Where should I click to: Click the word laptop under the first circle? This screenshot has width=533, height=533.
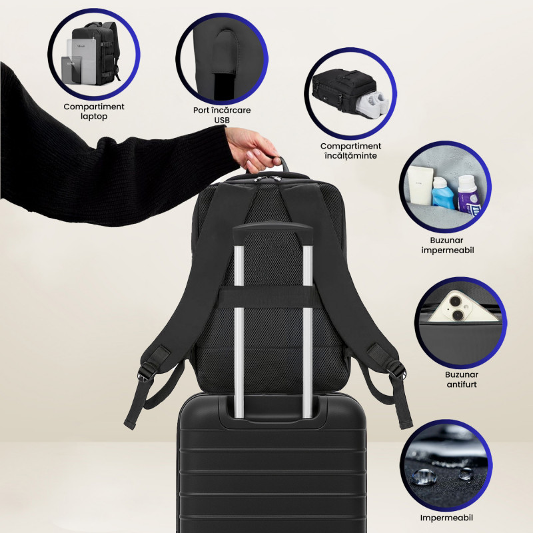click(x=94, y=116)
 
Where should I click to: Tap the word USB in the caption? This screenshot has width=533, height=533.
click(x=222, y=120)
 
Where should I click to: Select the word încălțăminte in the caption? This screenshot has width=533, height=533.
click(x=350, y=156)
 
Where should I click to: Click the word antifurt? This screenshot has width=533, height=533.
click(x=462, y=384)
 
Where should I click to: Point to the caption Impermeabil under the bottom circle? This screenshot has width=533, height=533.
click(x=446, y=518)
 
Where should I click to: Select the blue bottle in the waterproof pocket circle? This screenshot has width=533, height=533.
click(x=443, y=193)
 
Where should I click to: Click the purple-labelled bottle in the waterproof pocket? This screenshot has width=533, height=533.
click(x=468, y=196)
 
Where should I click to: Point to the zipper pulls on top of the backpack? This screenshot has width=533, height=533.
click(x=266, y=179)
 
